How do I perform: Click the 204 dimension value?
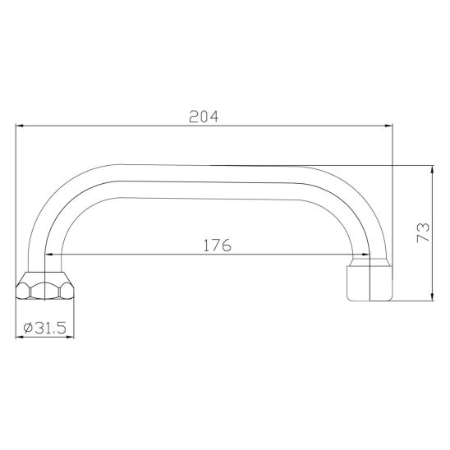point(204,117)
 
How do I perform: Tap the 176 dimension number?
point(217,246)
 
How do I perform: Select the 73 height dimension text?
point(423,232)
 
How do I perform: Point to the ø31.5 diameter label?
point(45,328)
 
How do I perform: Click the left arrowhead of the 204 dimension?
point(20,126)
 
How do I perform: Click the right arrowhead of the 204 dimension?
point(388,126)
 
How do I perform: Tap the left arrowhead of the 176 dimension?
point(49,255)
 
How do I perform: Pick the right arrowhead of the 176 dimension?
point(366,255)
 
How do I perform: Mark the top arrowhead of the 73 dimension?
point(433,170)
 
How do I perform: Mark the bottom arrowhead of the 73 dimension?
point(433,296)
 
